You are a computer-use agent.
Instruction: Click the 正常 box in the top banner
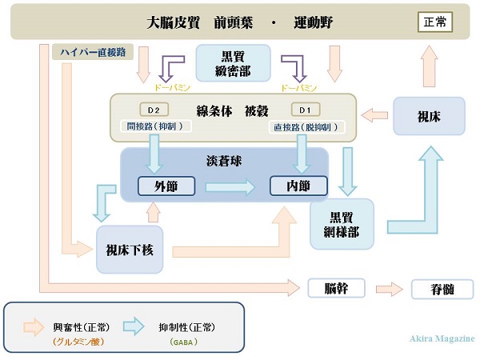[435, 22]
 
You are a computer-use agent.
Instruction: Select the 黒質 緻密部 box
[234, 63]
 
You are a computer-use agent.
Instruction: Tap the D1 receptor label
[304, 110]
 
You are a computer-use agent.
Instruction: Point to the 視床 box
[429, 116]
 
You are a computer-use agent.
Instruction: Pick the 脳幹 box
[336, 288]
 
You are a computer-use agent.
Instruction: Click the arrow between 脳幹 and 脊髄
[390, 289]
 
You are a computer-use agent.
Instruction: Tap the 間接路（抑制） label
[155, 126]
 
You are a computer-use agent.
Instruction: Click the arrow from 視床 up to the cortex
[430, 66]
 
